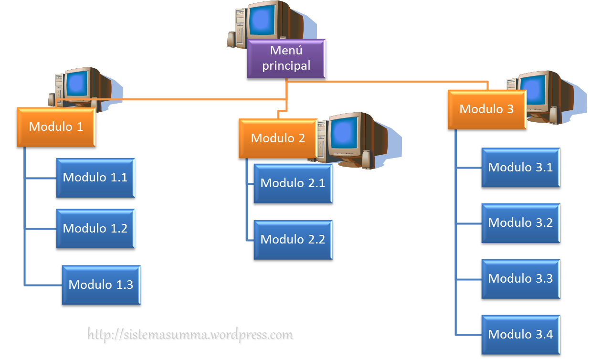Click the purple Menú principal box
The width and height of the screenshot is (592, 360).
point(286,59)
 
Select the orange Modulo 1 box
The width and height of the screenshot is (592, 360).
point(56,127)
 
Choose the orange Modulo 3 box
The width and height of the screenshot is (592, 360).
point(486,109)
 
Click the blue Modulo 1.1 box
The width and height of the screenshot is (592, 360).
point(95,178)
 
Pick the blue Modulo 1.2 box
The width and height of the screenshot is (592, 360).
point(95,228)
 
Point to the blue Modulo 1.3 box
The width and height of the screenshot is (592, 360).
point(101,285)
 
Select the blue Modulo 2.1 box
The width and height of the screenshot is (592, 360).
point(293,183)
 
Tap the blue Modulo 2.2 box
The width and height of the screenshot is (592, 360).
point(293,240)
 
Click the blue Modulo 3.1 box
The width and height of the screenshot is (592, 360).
point(520,168)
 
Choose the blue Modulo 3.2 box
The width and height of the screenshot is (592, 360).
point(520,223)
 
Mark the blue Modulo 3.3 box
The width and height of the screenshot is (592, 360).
point(520,279)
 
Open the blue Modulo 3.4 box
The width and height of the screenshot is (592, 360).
point(520,334)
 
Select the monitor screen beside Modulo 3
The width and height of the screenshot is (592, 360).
point(534,91)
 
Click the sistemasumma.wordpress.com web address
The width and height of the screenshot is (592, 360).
point(191,336)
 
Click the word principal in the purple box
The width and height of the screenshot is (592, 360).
point(286,66)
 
